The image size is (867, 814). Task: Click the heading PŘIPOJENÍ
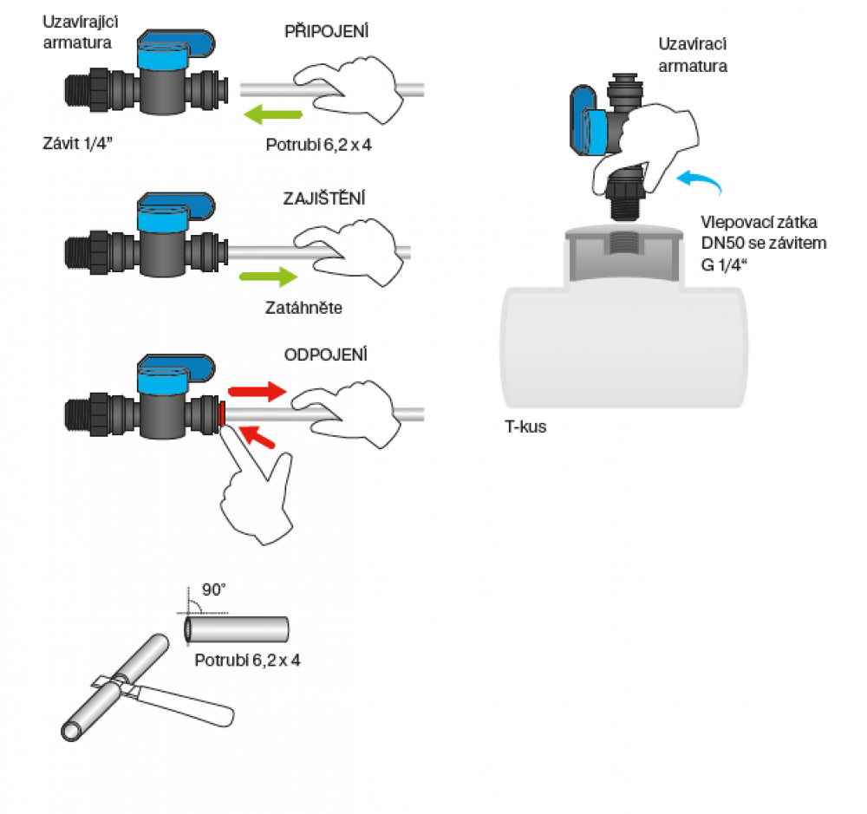click(x=327, y=31)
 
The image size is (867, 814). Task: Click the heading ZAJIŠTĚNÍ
click(x=323, y=198)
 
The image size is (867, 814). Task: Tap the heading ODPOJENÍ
click(x=326, y=355)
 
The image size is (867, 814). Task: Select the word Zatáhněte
click(x=303, y=306)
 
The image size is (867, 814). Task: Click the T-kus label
click(x=526, y=427)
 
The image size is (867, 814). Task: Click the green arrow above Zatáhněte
click(x=269, y=277)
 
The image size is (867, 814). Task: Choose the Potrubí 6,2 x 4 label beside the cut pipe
click(x=248, y=660)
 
